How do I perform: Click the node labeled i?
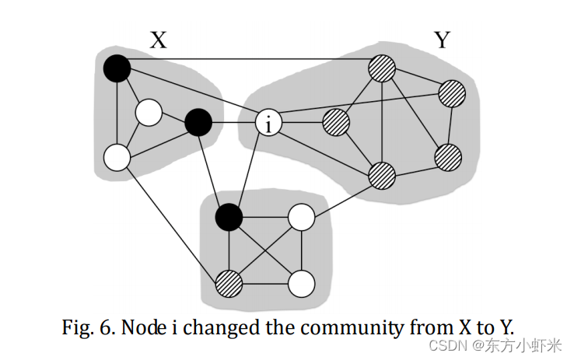coord(268,123)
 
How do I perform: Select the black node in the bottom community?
coord(229,215)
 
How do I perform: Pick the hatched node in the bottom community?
coord(229,281)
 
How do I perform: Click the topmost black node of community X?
coord(116,68)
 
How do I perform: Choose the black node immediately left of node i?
coord(198,122)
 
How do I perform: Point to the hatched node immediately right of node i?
coord(336,122)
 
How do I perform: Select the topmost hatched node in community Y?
coord(382,68)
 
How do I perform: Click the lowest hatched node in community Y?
coord(382,175)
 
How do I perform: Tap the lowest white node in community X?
coord(116,158)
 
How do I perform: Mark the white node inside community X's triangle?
coord(148,114)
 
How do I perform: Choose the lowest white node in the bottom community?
coord(301,284)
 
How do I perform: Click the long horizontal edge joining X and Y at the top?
coord(249,59)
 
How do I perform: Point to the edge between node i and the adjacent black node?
coord(233,123)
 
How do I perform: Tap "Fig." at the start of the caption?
coord(76,327)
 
